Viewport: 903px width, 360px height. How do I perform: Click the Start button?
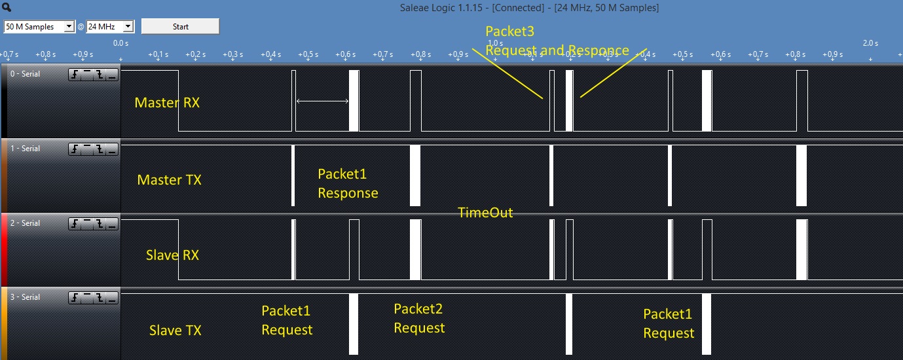pos(180,27)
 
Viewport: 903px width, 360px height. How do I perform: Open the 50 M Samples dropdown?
pos(39,27)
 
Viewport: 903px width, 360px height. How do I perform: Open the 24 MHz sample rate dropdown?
pos(110,27)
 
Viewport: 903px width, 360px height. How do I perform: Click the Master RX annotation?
pos(167,103)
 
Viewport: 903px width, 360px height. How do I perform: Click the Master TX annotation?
pos(169,180)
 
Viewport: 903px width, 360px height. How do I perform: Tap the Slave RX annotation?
pos(172,255)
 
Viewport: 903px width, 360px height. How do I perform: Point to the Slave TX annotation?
pos(175,331)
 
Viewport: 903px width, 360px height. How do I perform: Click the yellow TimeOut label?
pos(485,213)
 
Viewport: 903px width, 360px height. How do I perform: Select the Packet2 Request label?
pos(419,318)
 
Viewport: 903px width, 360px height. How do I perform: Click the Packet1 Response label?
pos(348,183)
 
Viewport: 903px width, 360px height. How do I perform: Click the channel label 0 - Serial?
pos(25,74)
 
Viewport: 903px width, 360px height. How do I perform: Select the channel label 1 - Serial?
pos(25,149)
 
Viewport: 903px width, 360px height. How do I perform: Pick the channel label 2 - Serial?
pos(25,223)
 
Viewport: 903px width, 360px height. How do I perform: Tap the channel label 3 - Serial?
pos(25,297)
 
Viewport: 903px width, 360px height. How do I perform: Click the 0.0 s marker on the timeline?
pos(120,43)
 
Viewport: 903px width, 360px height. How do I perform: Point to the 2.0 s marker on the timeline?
pos(870,43)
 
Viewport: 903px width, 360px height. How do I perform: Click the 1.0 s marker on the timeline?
pos(495,43)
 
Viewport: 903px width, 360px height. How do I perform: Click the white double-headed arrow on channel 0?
pos(322,101)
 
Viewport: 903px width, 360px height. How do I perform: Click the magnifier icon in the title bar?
pos(7,8)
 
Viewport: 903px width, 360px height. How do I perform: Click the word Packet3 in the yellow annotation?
pos(509,31)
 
